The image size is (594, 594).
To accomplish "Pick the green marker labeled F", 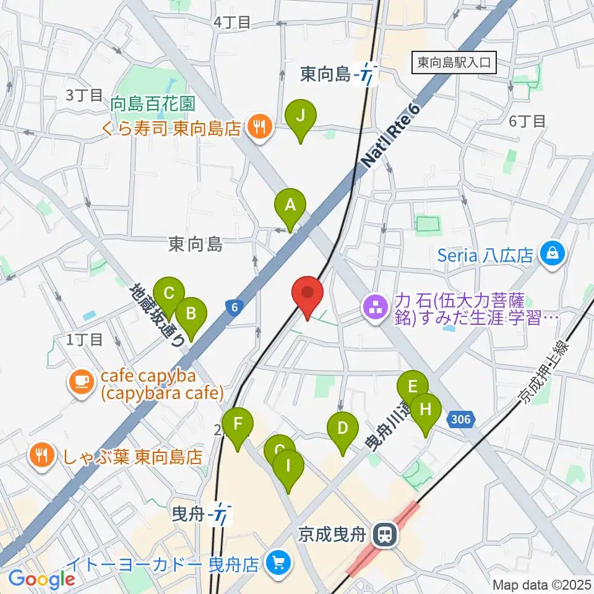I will click(238, 425).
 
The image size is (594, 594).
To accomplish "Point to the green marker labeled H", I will click(426, 410).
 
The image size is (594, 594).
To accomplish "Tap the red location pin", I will click(308, 294).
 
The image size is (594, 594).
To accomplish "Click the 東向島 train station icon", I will click(369, 75).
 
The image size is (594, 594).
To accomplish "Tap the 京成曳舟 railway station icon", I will click(385, 533).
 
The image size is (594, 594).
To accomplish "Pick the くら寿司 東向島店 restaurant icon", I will click(257, 128).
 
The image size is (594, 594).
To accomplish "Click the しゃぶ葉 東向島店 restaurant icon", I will click(42, 457).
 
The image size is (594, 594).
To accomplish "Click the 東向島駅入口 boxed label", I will click(454, 62).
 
